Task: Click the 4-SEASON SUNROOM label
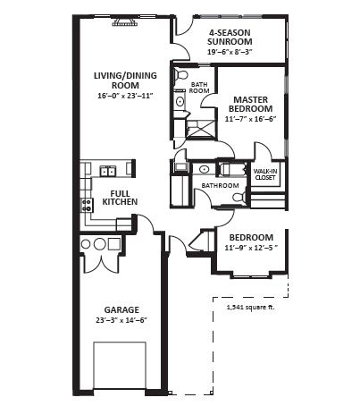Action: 230,37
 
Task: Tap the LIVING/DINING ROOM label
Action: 125,80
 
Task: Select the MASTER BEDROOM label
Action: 250,104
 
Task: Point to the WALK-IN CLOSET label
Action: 265,174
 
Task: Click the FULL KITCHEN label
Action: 120,198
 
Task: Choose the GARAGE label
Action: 121,309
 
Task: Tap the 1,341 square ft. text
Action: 251,308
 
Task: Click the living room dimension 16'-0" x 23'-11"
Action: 125,96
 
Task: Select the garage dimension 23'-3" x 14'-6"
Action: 121,320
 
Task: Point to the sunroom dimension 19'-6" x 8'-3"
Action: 230,52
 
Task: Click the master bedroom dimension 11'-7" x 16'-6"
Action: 251,119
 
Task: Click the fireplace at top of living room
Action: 125,21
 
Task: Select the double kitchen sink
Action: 108,172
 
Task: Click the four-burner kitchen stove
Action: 87,205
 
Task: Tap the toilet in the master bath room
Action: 180,75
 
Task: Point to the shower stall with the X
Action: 200,130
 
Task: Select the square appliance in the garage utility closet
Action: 114,244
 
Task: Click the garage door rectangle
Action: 120,365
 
